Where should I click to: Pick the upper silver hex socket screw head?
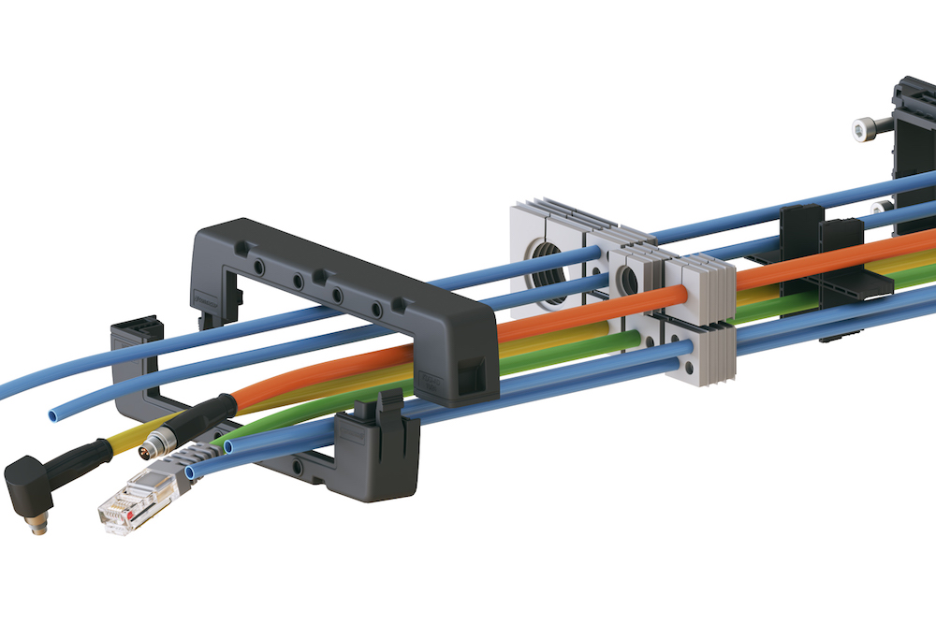click(864, 129)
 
